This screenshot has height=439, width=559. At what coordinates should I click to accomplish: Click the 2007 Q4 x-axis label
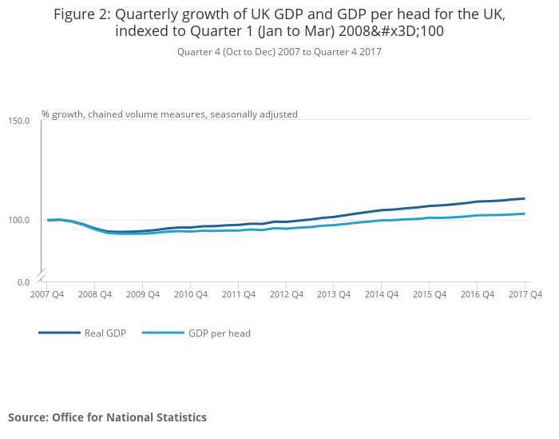(x=47, y=294)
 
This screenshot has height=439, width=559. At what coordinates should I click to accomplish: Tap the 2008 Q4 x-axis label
(x=95, y=294)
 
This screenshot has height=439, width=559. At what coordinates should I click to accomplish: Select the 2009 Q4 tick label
(x=143, y=294)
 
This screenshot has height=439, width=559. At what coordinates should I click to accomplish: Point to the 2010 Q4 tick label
(x=191, y=294)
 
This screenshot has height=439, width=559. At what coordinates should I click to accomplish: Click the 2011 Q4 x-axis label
(x=239, y=294)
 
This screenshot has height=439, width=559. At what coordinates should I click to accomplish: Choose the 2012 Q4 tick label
(x=287, y=294)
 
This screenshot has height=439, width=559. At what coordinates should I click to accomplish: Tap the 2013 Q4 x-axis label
(x=334, y=294)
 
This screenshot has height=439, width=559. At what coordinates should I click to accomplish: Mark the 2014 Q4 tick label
(x=382, y=294)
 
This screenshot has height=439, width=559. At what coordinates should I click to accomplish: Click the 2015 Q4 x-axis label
(x=430, y=294)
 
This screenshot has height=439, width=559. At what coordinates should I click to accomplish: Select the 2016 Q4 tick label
(x=478, y=294)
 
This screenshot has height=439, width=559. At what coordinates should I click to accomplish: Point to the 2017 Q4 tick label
(x=525, y=294)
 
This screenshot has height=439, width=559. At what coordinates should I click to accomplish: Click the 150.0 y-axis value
(x=19, y=121)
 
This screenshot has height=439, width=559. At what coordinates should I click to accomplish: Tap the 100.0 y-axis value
(x=19, y=220)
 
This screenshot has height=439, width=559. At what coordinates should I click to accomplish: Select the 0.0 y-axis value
(x=23, y=282)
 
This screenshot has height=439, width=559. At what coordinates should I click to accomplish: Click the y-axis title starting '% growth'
(x=169, y=114)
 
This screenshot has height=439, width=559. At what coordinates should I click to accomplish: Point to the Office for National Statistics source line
(x=107, y=417)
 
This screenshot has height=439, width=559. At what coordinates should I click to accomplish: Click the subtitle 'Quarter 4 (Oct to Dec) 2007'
(x=279, y=52)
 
